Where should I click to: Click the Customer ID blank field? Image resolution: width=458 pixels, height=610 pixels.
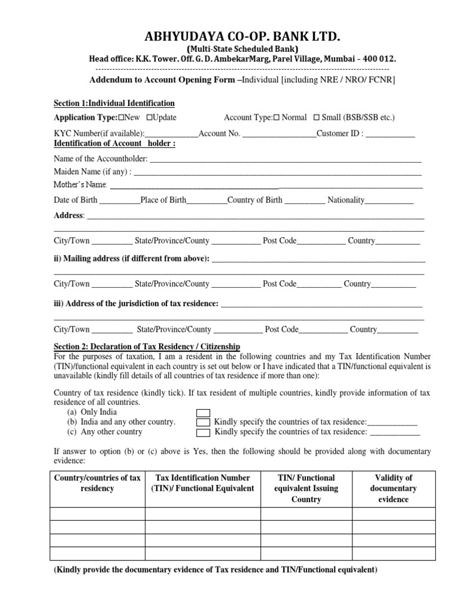click(390, 135)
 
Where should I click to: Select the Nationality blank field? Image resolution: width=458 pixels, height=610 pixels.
click(389, 201)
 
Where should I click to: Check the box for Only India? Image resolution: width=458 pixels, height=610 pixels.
click(203, 412)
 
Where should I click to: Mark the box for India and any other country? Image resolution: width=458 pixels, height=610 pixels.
click(203, 422)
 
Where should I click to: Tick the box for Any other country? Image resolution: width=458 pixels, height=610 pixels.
click(203, 432)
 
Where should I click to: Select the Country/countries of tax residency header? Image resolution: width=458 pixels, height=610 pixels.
click(97, 483)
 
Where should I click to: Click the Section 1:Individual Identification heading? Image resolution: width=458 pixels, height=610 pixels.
click(114, 103)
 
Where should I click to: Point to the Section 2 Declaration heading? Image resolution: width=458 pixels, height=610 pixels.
click(147, 347)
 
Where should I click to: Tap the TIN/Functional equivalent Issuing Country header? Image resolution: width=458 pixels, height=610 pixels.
click(306, 488)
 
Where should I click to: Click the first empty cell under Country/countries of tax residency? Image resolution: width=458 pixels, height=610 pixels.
click(97, 513)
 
